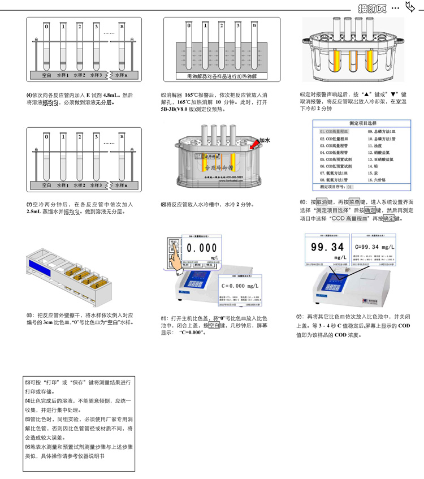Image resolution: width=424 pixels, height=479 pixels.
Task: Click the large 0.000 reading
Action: click(x=202, y=248)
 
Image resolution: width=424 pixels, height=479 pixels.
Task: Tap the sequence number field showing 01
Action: click(x=350, y=186)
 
